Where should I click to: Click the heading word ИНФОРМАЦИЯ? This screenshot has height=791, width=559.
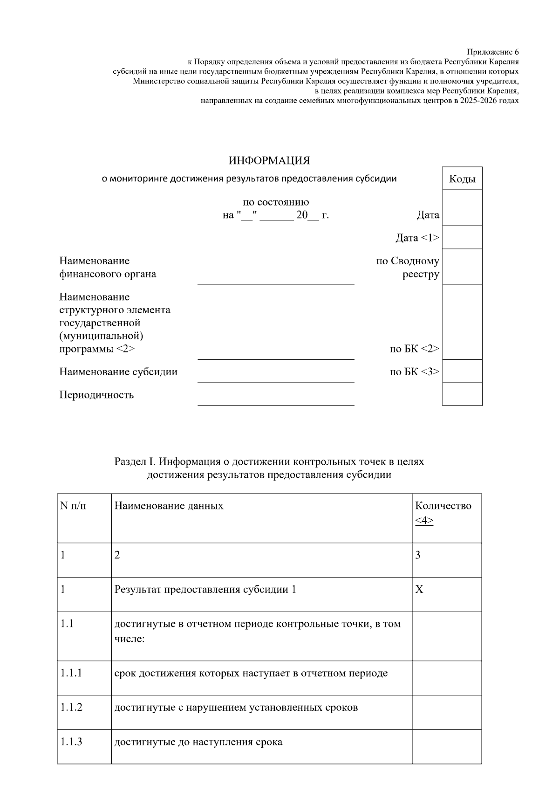pyautogui.click(x=269, y=161)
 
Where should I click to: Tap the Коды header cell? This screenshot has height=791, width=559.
pyautogui.click(x=462, y=179)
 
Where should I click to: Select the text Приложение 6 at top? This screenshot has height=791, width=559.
pyautogui.click(x=492, y=52)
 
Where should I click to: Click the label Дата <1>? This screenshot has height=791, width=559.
pyautogui.click(x=417, y=238)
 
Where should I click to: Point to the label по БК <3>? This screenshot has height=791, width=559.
pyautogui.click(x=414, y=372)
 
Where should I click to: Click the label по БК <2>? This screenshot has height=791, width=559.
pyautogui.click(x=414, y=349)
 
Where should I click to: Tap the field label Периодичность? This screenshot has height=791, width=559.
pyautogui.click(x=96, y=395)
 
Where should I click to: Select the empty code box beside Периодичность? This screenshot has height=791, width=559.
pyautogui.click(x=462, y=394)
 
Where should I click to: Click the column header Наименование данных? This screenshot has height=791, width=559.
pyautogui.click(x=169, y=506)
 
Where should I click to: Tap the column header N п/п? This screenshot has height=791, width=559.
pyautogui.click(x=73, y=506)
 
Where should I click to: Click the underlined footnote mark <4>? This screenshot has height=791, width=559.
pyautogui.click(x=424, y=520)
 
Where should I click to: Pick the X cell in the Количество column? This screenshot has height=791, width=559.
pyautogui.click(x=419, y=590)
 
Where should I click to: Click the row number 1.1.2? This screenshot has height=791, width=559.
pyautogui.click(x=71, y=707)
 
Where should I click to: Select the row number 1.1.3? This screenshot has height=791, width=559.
pyautogui.click(x=71, y=742)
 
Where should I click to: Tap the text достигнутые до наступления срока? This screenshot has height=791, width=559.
pyautogui.click(x=198, y=742)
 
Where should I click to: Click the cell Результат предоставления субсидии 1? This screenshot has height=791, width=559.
pyautogui.click(x=205, y=590)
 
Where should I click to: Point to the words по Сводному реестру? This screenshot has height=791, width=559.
pyautogui.click(x=408, y=268)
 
